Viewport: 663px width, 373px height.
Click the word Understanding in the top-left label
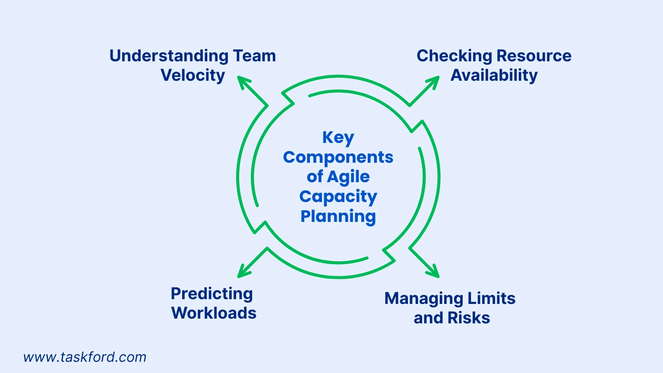[x=169, y=56]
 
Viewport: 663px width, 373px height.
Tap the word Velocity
[x=193, y=76]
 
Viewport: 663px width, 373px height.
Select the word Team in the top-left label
[x=254, y=56]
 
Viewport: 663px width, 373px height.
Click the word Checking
[x=454, y=56]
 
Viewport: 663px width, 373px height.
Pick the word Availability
[x=494, y=76]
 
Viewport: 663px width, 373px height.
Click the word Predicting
[x=212, y=294]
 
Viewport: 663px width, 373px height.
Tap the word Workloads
[x=214, y=313]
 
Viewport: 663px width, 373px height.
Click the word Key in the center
[x=338, y=138]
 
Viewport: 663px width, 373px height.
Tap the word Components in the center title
[x=338, y=157]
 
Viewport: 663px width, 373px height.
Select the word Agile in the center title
[x=348, y=177]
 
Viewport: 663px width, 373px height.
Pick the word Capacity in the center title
[x=338, y=197]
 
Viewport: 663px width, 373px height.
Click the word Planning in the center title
[x=338, y=216]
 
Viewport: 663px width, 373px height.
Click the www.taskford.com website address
[x=85, y=357]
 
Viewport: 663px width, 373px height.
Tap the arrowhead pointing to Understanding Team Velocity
[x=243, y=81]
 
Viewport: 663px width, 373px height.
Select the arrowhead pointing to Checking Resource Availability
[x=434, y=82]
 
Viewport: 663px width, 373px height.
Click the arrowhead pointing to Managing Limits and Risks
[x=434, y=273]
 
